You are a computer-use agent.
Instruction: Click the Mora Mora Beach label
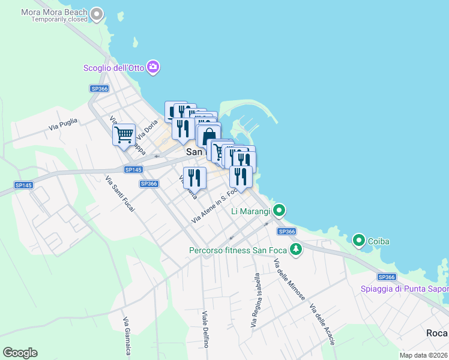(x=54, y=12)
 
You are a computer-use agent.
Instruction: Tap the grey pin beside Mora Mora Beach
(x=97, y=14)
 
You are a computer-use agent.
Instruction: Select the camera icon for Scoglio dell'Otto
(x=153, y=67)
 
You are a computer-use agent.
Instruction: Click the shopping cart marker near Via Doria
(x=124, y=134)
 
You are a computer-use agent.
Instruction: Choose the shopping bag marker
(x=208, y=136)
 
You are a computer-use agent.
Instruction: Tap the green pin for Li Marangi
(x=279, y=211)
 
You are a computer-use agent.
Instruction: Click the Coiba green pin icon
(x=359, y=241)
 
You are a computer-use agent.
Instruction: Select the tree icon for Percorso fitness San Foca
(x=295, y=250)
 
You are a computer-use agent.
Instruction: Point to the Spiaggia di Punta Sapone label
(x=404, y=289)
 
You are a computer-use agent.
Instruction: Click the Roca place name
(x=436, y=333)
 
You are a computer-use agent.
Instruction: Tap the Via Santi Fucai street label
(x=120, y=194)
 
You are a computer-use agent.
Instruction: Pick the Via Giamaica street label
(x=127, y=336)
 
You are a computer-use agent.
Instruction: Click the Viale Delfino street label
(x=205, y=329)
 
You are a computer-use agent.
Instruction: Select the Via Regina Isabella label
(x=256, y=301)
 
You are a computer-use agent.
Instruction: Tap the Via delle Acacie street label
(x=322, y=325)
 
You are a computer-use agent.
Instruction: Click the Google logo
(x=20, y=353)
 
